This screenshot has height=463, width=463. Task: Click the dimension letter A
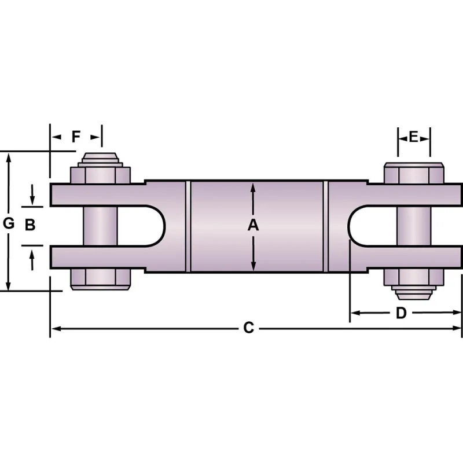point(253,225)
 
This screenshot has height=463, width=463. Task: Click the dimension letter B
point(30,225)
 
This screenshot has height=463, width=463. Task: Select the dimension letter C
point(249,328)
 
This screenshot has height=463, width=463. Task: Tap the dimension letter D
point(401,313)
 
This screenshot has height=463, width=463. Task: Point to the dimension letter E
point(413,137)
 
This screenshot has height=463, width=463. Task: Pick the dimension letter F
point(76,137)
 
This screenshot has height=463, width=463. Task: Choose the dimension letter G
point(9,223)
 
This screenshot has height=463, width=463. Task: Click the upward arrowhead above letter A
point(253,187)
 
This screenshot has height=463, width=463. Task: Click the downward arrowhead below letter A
point(253,266)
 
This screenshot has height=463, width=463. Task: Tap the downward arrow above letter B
point(32,195)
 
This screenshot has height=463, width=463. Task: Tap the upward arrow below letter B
point(32,260)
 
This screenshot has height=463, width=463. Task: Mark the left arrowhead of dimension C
point(56,328)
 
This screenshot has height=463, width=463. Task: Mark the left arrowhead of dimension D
point(355,313)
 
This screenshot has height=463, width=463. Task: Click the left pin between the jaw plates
point(100,226)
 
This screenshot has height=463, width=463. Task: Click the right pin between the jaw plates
point(414,226)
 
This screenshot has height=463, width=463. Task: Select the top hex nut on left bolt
point(100,175)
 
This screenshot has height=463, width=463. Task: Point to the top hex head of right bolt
point(414,173)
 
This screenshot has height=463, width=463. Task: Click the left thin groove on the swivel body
point(188,226)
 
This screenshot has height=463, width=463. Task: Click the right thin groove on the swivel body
point(326,226)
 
